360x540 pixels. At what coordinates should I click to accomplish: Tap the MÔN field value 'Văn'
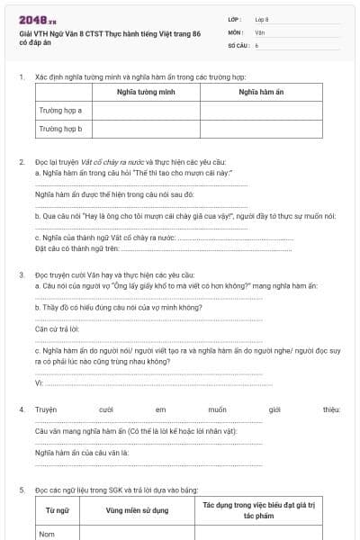tap(259, 31)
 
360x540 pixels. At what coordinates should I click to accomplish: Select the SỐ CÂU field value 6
tap(256, 44)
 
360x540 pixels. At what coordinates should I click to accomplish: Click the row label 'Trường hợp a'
tap(60, 111)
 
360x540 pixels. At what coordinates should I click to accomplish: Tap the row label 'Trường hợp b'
tap(60, 129)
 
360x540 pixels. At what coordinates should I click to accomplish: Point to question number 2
tap(22, 161)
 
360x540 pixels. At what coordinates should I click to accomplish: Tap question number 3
tap(22, 274)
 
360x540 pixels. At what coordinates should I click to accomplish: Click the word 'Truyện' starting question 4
tap(46, 409)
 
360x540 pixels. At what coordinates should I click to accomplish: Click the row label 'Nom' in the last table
tap(47, 534)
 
